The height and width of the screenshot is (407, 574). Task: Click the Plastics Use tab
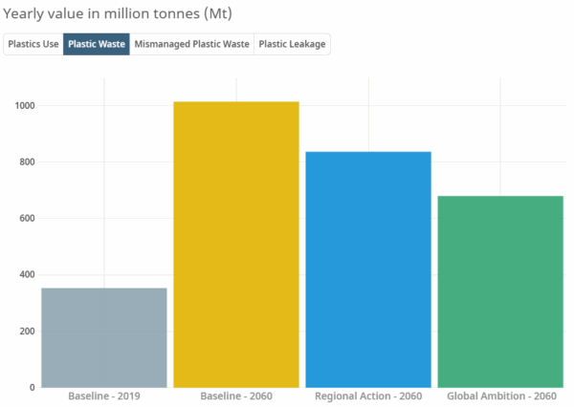pyautogui.click(x=34, y=45)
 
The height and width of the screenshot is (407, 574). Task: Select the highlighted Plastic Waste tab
pyautogui.click(x=97, y=45)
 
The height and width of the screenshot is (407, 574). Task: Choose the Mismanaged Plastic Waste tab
pyautogui.click(x=191, y=45)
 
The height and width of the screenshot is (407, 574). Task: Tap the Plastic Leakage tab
pyautogui.click(x=293, y=45)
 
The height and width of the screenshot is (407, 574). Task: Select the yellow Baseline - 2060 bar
pyautogui.click(x=236, y=244)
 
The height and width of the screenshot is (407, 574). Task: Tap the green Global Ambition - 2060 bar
pyautogui.click(x=500, y=291)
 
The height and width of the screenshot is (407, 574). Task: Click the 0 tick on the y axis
pyautogui.click(x=32, y=387)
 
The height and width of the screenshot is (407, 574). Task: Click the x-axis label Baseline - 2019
pyautogui.click(x=104, y=396)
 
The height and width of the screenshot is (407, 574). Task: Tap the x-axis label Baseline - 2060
pyautogui.click(x=236, y=396)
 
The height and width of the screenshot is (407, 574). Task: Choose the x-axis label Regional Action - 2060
pyautogui.click(x=368, y=396)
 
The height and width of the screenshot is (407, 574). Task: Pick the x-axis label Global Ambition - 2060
pyautogui.click(x=500, y=396)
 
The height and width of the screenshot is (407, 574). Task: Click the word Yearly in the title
pyautogui.click(x=26, y=14)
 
